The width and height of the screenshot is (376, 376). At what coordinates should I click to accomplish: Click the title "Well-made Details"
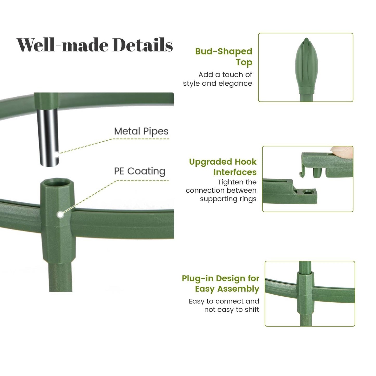(x=95, y=45)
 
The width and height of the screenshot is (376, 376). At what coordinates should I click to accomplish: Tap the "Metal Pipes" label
(x=141, y=131)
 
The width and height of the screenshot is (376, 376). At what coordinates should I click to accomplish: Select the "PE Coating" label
(x=140, y=171)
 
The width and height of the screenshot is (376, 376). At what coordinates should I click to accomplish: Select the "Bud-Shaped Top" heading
(x=224, y=57)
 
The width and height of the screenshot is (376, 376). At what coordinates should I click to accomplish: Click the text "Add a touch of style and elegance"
(x=218, y=79)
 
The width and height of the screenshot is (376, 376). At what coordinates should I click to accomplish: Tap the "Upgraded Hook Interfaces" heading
(x=223, y=167)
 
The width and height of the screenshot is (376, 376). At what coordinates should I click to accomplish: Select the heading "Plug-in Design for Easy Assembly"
(x=220, y=284)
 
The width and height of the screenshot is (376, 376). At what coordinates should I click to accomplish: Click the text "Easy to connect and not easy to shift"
(x=224, y=305)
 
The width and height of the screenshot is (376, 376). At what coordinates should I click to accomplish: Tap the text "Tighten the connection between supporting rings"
(x=221, y=190)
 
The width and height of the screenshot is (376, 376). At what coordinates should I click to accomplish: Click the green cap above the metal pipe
(x=46, y=101)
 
